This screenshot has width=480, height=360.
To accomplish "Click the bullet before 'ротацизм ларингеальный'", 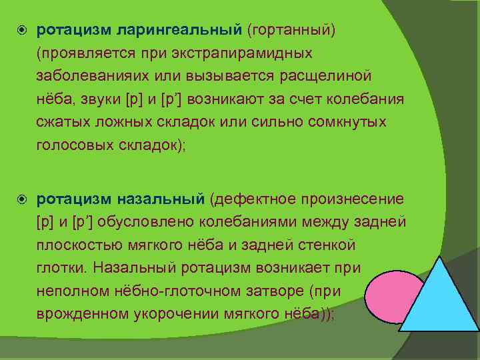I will click(20, 31).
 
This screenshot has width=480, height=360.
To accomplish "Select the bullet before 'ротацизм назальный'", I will click(20, 199).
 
